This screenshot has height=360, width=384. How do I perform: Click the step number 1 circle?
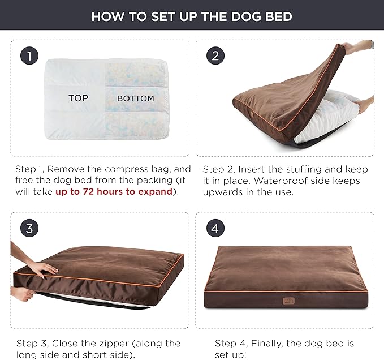(x=29, y=55)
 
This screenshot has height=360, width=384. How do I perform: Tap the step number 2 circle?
(x=215, y=55)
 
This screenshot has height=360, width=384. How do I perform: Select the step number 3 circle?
(x=29, y=229)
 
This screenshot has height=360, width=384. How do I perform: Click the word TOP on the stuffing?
(x=78, y=98)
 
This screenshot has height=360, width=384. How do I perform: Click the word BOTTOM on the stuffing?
(x=135, y=98)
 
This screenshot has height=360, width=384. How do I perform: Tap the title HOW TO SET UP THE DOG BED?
(x=192, y=16)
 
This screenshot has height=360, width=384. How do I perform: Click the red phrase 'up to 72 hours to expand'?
(x=113, y=191)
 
